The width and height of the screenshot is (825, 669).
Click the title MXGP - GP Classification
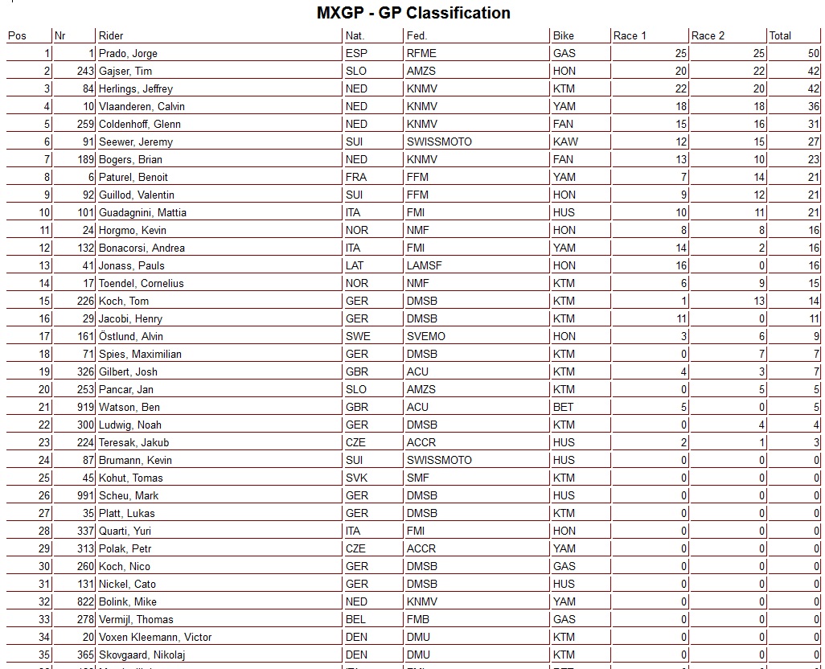coord(412,13)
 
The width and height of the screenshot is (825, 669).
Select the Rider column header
coord(110,35)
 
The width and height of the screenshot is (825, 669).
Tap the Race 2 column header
coord(708,35)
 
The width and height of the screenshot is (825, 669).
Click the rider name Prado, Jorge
coord(128,53)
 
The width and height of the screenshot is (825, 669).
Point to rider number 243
coord(85,71)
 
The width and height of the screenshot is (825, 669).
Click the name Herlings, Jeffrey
coord(135,88)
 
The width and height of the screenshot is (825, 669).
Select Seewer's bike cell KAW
coord(564,142)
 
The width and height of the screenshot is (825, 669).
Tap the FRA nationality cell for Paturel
coord(356,177)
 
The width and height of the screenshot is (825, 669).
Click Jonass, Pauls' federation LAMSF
coord(424,265)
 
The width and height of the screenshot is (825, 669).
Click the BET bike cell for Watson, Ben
coord(563,407)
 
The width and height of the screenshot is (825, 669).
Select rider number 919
coord(85,407)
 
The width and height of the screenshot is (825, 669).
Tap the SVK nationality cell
coord(356,478)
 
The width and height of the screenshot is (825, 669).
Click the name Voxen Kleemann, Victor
coord(155,637)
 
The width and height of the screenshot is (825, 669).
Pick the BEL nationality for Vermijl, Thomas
coord(355,619)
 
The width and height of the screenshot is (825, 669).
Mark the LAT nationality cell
coord(355,265)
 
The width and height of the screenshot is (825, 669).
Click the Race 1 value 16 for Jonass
coord(680,265)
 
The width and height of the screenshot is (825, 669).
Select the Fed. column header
coord(417,35)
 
